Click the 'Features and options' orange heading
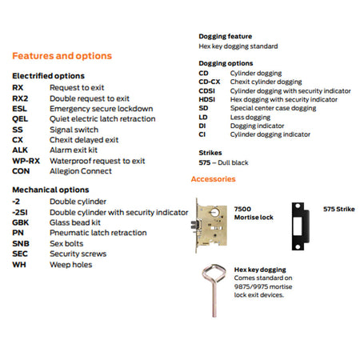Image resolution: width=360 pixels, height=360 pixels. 62,56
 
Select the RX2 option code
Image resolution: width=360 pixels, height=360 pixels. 20,98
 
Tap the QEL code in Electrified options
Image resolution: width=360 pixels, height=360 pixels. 20,119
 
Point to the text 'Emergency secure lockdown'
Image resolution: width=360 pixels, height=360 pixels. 102,109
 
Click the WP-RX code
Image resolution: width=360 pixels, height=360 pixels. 26,161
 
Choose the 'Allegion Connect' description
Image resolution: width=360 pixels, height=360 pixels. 81,171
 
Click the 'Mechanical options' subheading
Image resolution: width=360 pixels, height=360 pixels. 50,190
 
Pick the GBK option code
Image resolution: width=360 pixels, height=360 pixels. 20,222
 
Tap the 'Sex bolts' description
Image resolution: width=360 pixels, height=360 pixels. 66,243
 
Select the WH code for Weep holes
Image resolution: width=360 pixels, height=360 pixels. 19,265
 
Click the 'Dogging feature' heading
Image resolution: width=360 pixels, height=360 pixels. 226,36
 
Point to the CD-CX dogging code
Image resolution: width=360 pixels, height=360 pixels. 210,82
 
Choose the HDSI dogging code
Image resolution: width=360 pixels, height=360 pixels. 207,99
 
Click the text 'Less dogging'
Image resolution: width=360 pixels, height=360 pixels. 250,118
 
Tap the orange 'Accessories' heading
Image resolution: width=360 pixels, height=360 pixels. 214,179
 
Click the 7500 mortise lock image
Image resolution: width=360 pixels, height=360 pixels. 210,226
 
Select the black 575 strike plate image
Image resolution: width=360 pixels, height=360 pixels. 301,226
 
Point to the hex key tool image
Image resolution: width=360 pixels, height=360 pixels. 214,290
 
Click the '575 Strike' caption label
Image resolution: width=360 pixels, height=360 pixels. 339,209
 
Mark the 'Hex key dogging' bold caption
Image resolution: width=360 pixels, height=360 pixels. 260,270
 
